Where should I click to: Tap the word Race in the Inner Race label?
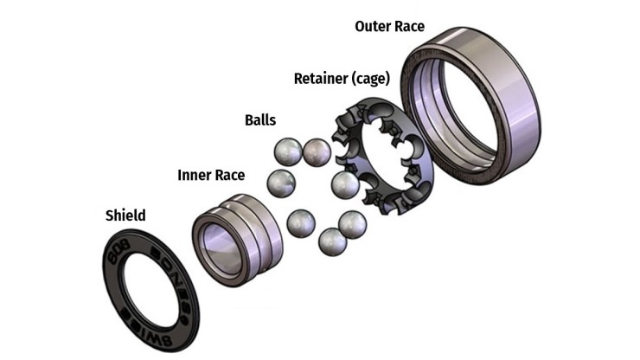click(229, 175)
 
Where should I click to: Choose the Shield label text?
click(125, 215)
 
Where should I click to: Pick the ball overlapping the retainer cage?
click(345, 183)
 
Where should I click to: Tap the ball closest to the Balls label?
click(286, 153)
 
